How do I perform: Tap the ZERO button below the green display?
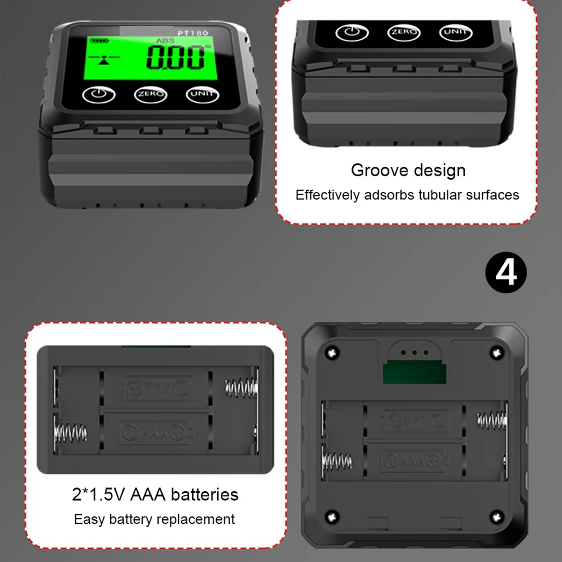click(x=150, y=95)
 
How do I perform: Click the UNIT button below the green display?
click(x=202, y=95)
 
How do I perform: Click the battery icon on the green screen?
click(x=99, y=40)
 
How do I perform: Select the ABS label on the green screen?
click(x=165, y=40)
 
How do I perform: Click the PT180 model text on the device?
click(x=193, y=33)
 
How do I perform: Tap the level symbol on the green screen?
click(x=104, y=59)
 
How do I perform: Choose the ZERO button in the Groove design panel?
click(x=404, y=33)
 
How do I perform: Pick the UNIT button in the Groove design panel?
click(x=455, y=33)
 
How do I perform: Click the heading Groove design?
click(x=408, y=170)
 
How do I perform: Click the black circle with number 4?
click(x=506, y=272)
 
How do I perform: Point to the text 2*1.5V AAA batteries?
click(x=155, y=495)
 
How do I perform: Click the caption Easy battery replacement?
click(x=154, y=519)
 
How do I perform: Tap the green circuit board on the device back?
click(x=414, y=373)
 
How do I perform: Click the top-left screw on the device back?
click(x=332, y=353)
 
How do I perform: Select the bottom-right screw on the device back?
click(x=497, y=517)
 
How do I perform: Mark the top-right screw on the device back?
click(x=497, y=353)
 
